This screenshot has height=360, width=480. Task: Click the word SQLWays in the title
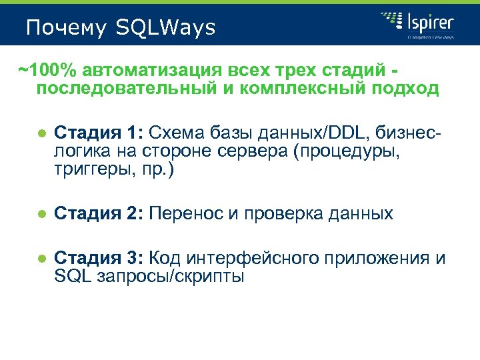coord(165,28)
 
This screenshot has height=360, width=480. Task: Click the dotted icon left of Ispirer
coord(391,22)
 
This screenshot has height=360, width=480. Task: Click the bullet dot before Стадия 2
coord(41,214)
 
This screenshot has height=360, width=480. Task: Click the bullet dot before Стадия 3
coord(41,259)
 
